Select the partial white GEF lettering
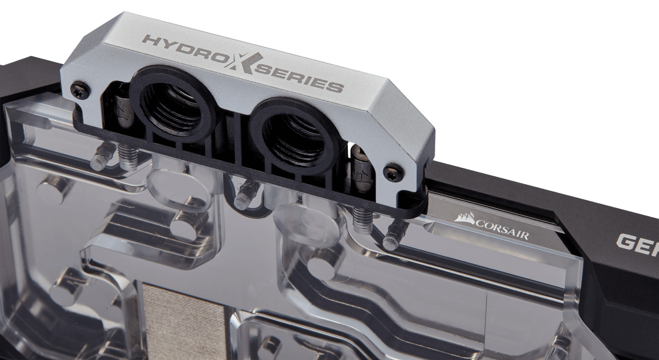click(x=638, y=244)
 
